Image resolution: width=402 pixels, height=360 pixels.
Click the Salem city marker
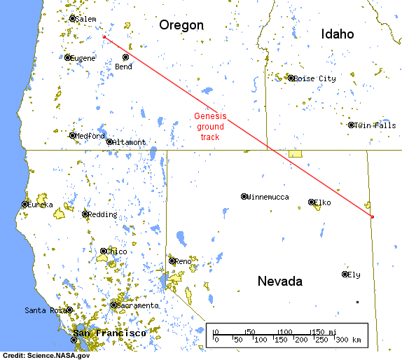(x=72, y=19)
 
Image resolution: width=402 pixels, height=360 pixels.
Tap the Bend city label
(x=123, y=67)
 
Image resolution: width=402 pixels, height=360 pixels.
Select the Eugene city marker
(x=68, y=57)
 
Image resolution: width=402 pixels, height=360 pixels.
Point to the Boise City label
(x=315, y=79)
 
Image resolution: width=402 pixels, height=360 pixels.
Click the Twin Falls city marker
(x=351, y=125)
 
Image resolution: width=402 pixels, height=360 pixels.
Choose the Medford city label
(x=90, y=136)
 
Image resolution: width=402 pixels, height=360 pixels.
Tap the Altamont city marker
(x=109, y=141)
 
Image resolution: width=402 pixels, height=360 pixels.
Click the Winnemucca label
(x=268, y=197)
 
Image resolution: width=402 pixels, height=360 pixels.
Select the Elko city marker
(x=312, y=202)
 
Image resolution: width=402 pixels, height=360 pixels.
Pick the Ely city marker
(x=345, y=274)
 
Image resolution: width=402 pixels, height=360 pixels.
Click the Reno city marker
(x=172, y=261)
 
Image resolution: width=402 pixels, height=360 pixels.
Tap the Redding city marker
(x=85, y=214)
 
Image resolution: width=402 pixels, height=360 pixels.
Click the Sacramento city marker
(x=113, y=305)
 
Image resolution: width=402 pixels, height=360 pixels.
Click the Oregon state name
(x=181, y=25)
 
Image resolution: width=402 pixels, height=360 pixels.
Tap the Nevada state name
(x=279, y=282)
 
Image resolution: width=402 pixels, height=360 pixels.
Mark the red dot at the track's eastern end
(x=372, y=216)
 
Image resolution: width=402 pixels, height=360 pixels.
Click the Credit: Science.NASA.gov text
(x=46, y=355)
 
